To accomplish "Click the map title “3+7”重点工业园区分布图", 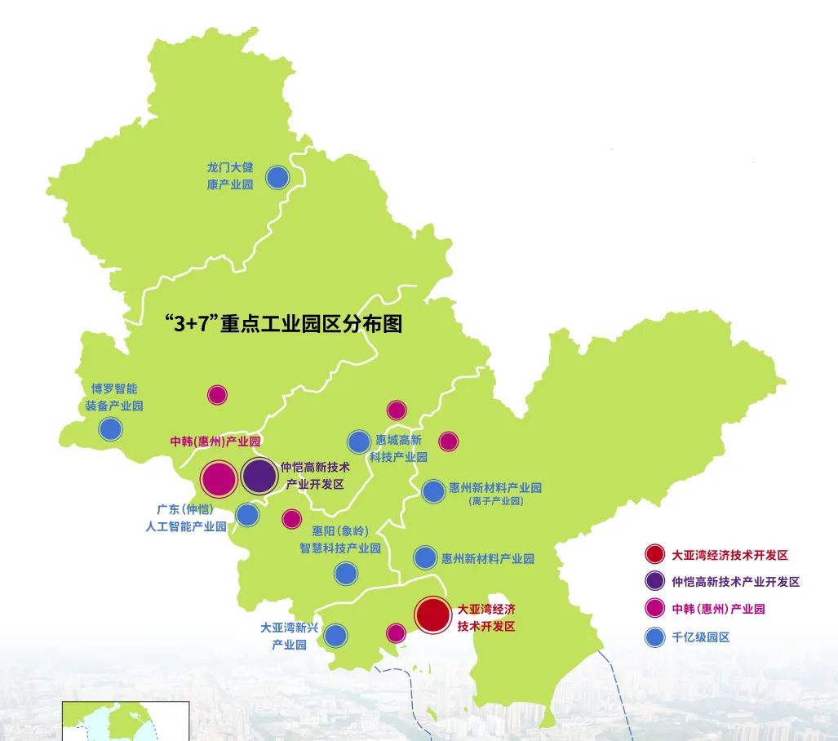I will (x=283, y=324).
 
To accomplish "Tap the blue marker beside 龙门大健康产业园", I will (x=277, y=177).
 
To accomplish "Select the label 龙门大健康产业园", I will (x=230, y=176).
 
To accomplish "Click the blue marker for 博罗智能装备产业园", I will (x=110, y=428).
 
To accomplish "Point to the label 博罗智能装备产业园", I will (x=115, y=397).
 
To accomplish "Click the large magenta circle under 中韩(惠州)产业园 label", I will (x=219, y=479).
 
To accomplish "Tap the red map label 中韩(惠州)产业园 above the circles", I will (x=215, y=441).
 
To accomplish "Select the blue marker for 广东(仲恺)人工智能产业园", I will (x=247, y=515).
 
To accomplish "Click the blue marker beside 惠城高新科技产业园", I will (x=359, y=441).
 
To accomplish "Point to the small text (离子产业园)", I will (x=495, y=501).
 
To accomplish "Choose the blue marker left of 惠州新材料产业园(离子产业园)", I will (x=432, y=491).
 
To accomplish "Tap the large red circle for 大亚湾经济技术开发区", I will (x=432, y=615).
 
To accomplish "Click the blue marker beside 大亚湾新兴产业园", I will (x=335, y=635).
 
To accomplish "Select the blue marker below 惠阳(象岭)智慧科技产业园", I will (x=346, y=573).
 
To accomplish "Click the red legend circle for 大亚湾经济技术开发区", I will (x=654, y=555).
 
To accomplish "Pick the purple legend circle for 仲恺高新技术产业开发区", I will (x=654, y=582).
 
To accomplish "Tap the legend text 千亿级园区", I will (x=700, y=637).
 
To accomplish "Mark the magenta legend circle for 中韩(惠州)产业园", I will (x=654, y=609).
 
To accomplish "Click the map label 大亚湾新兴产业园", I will (x=290, y=637).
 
